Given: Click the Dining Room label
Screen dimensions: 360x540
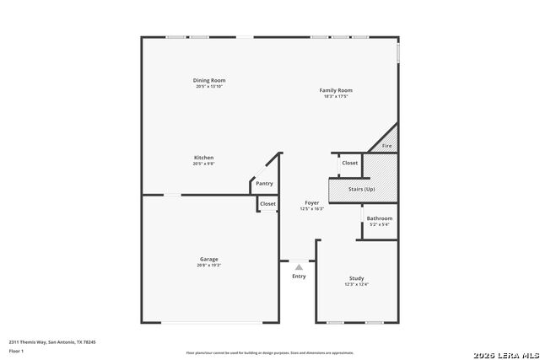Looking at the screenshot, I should [210, 81].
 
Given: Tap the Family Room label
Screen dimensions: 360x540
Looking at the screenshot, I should [336, 90].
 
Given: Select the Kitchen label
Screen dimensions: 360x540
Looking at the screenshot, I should [203, 158].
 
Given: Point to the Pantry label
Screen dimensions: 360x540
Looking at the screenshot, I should [264, 183].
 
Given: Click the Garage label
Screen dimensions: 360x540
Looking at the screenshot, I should [208, 259].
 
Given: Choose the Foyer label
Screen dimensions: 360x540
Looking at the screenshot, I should [312, 203].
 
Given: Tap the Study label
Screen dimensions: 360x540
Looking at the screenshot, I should [356, 278].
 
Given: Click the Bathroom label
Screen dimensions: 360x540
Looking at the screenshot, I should [379, 218].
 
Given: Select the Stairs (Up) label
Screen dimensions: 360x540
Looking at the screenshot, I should [361, 189].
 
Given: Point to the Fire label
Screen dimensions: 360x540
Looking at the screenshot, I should [387, 147].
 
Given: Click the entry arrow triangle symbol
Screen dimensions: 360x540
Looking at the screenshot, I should [298, 266].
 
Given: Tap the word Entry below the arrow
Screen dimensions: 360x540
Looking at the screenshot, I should [300, 277].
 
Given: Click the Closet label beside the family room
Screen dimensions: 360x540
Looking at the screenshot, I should [349, 163].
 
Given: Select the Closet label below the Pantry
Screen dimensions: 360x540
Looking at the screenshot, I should [267, 203].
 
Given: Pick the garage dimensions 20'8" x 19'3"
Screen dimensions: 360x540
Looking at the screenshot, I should [208, 265].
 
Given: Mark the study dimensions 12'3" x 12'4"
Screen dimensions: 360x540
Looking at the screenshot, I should [356, 284].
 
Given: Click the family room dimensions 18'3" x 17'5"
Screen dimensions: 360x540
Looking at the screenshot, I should [336, 96].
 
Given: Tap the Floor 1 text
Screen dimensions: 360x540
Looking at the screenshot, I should [17, 349].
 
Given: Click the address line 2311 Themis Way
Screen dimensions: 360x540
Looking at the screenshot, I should [52, 341].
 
